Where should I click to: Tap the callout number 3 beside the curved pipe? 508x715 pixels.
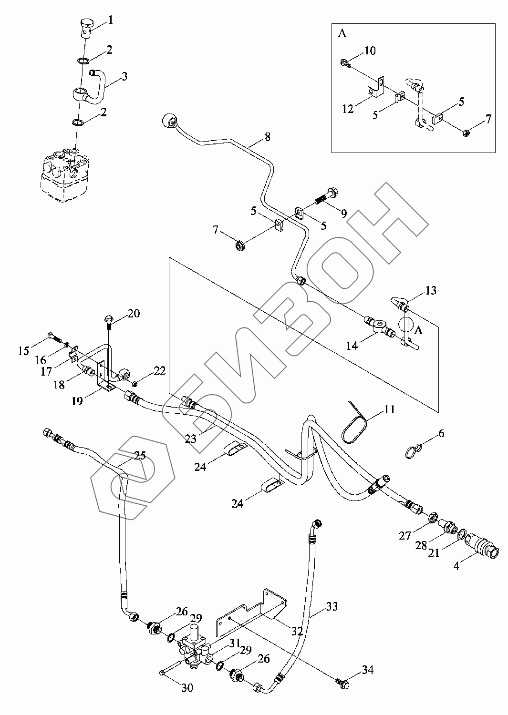(124, 76)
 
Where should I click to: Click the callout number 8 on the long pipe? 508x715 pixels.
(267, 137)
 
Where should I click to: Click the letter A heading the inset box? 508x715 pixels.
(342, 34)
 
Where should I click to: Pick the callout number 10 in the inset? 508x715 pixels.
(370, 50)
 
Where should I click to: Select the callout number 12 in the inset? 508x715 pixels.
(348, 109)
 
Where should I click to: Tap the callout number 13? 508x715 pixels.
(430, 290)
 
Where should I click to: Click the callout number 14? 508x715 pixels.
(352, 346)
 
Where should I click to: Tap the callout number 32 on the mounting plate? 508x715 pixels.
(297, 631)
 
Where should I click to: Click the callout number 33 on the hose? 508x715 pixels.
(332, 606)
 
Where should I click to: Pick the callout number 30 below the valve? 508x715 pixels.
(187, 689)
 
